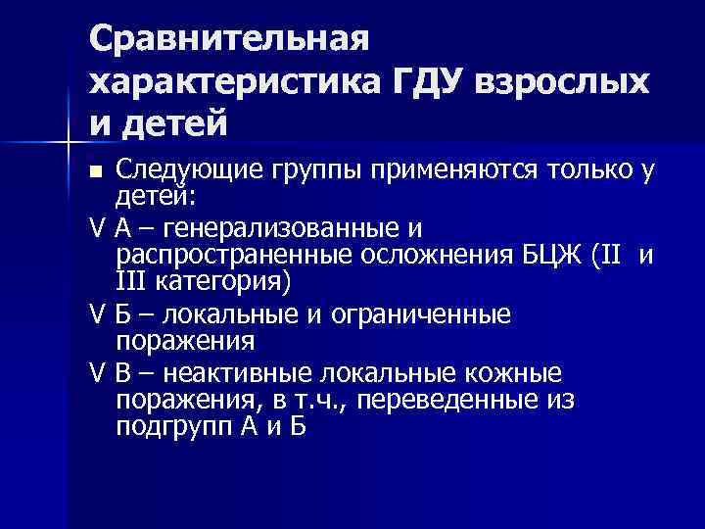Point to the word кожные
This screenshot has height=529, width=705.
[520, 375]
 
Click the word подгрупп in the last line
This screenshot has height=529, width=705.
[174, 428]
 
